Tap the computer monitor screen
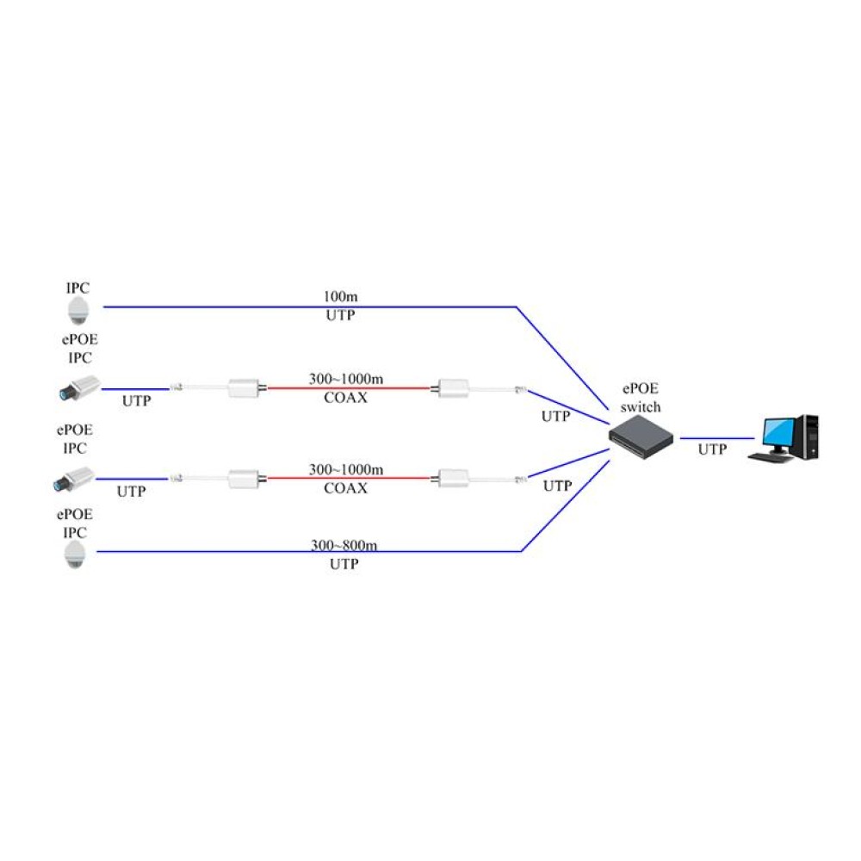click(x=781, y=431)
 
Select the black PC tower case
click(x=808, y=437)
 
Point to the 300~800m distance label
click(x=344, y=545)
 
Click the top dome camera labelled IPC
click(x=78, y=311)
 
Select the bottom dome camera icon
click(x=77, y=555)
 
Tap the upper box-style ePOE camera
click(x=79, y=388)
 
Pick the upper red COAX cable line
click(x=349, y=388)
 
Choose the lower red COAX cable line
click(x=349, y=479)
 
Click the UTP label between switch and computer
click(x=711, y=449)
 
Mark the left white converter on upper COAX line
click(x=245, y=388)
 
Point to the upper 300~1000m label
click(x=346, y=379)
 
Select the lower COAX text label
click(x=346, y=489)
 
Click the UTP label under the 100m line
click(x=340, y=316)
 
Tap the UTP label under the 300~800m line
click(x=344, y=565)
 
